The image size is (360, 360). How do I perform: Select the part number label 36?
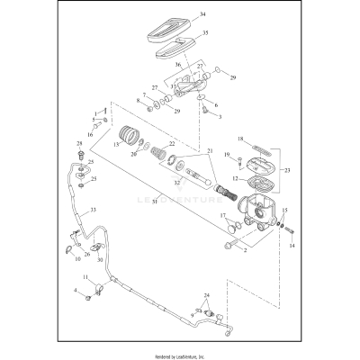pyautogui.click(x=176, y=64)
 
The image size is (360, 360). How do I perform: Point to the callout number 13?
pyautogui.click(x=116, y=143)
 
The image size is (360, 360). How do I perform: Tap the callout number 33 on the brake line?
pyautogui.click(x=91, y=210)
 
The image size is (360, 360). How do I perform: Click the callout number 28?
pyautogui.click(x=79, y=143)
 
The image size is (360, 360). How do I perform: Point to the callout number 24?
pyautogui.click(x=206, y=295)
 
